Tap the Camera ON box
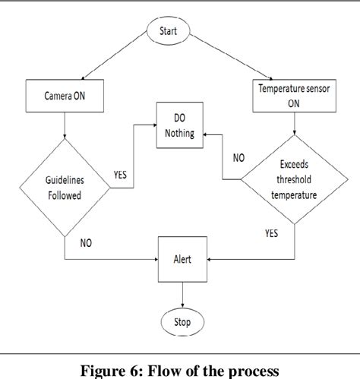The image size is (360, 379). tap(65, 97)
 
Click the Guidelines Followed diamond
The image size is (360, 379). tap(65, 187)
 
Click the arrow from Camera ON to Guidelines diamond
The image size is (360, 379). tap(65, 126)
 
